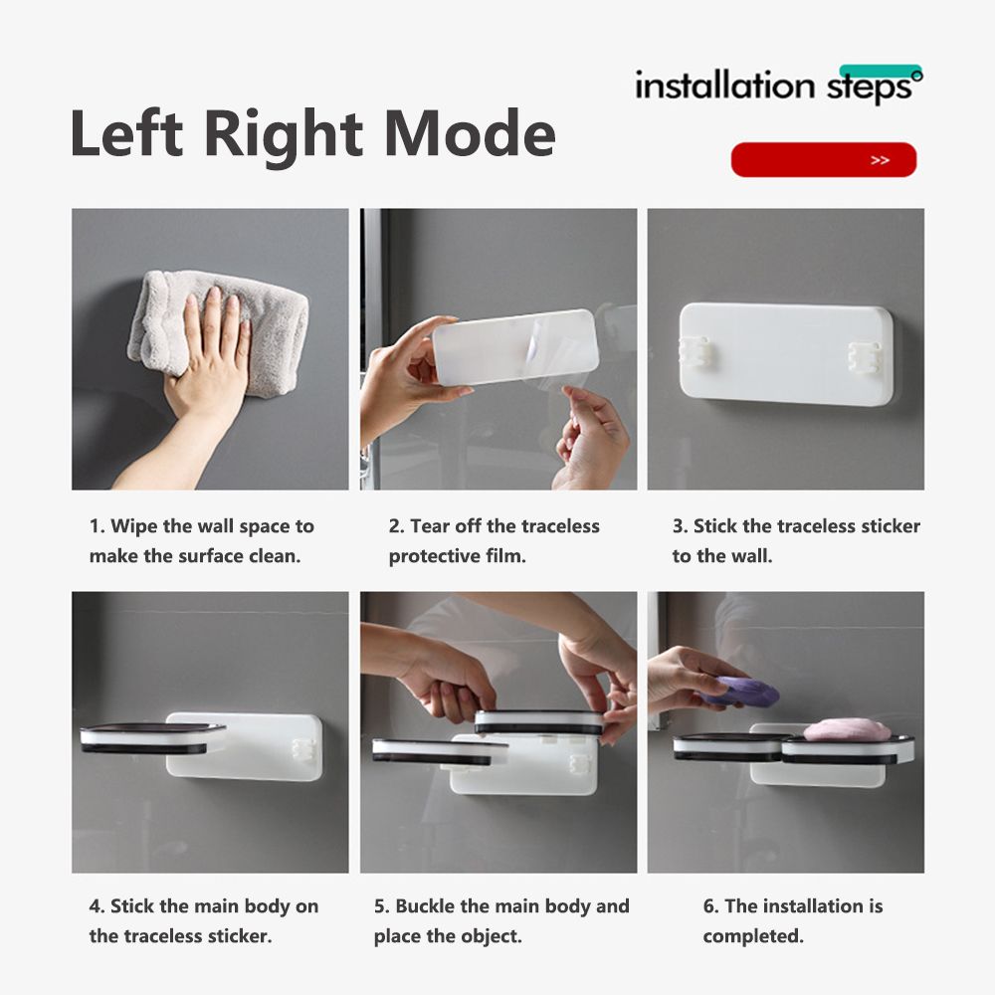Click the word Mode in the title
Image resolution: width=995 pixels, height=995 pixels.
471,134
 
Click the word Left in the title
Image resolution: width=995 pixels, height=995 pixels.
126,134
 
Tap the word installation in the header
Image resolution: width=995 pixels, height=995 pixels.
724,85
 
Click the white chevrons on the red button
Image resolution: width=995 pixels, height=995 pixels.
881,160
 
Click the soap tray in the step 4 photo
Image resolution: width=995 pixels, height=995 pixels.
152,738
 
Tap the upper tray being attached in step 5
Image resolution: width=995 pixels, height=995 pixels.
539,722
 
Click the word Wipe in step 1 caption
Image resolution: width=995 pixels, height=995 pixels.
134,526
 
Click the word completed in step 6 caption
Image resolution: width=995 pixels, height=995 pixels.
753,936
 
